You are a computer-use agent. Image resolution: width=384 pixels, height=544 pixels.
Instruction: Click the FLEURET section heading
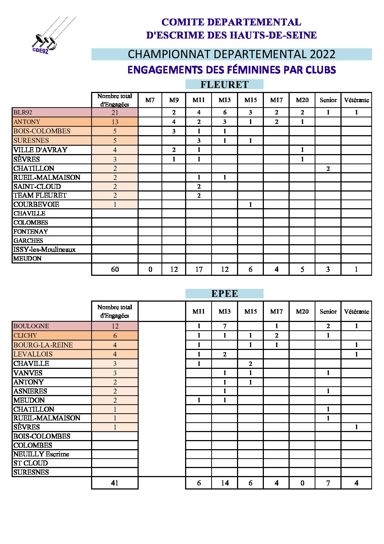224,84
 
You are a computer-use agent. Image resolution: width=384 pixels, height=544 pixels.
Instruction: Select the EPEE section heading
224,294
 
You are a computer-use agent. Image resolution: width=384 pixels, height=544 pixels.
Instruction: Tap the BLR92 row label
23,112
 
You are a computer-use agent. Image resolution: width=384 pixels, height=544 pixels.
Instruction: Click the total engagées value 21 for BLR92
115,113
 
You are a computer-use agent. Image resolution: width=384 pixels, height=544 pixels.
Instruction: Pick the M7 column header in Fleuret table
150,100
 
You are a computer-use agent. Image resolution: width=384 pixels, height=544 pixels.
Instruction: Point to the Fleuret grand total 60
115,269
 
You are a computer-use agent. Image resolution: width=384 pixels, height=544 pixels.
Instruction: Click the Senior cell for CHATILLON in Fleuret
328,168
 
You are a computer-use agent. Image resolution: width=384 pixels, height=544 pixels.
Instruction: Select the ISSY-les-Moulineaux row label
44,249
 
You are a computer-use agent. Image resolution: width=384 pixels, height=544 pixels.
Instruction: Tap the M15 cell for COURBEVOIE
250,204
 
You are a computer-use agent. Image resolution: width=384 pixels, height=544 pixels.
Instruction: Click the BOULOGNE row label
31,326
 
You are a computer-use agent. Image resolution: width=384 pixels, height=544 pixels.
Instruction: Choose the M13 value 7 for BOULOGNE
225,326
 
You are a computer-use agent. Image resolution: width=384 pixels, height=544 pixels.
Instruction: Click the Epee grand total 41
115,483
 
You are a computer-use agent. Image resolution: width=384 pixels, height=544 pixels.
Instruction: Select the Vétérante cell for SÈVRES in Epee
356,427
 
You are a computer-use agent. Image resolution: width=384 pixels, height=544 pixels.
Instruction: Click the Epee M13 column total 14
225,483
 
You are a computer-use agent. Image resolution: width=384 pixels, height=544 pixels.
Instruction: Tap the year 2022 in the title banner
322,54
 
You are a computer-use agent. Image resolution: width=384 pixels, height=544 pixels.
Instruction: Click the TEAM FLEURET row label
40,195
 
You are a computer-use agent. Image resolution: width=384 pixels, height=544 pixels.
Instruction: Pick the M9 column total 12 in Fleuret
174,269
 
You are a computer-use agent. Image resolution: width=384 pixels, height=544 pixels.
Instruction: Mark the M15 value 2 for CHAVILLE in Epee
250,363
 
